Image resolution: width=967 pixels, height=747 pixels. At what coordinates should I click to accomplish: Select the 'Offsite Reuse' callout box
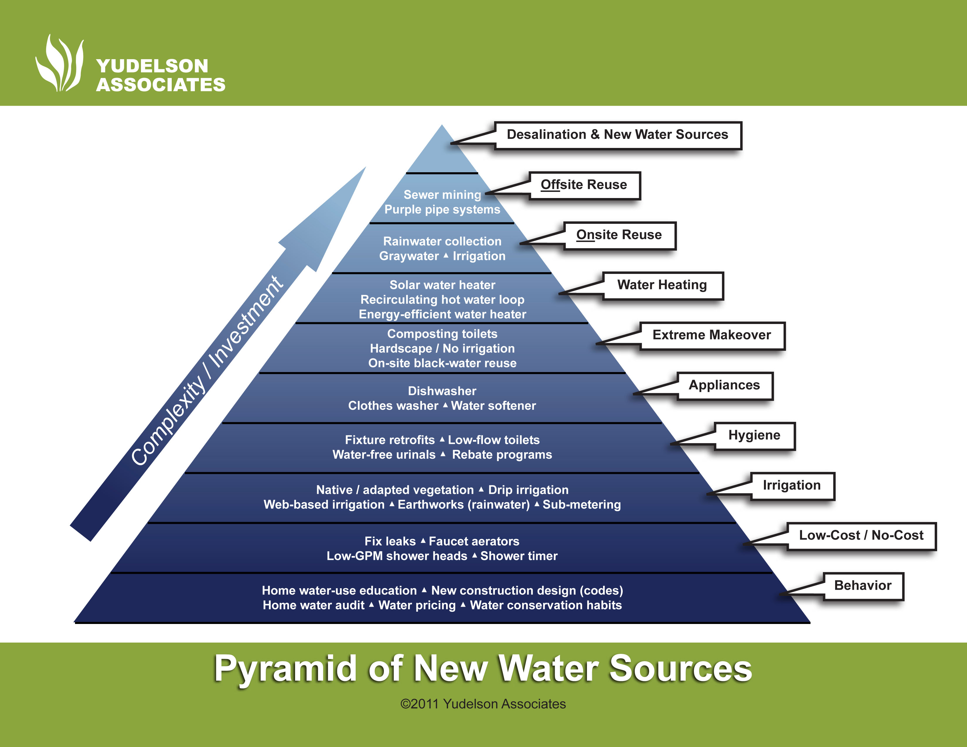pos(584,185)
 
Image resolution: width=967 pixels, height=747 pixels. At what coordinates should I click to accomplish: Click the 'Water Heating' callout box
pos(662,285)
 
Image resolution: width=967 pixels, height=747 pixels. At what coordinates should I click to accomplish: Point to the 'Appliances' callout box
pos(724,386)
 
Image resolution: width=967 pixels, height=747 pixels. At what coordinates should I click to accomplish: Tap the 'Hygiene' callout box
pos(755,435)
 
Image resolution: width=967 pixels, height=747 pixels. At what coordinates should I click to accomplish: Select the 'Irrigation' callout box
pos(792,485)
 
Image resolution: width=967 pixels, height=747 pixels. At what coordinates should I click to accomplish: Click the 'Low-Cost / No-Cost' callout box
pos(861,535)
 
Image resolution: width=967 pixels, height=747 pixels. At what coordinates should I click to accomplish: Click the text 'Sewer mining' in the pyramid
pos(442,195)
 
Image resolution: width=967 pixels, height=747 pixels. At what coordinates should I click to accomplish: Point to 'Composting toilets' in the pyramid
pos(442,334)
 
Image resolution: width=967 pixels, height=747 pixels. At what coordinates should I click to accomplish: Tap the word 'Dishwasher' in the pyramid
pos(442,391)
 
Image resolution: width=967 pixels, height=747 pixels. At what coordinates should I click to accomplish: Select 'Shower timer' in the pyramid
pos(519,556)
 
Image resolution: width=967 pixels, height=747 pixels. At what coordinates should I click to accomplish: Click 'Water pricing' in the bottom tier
pos(417,605)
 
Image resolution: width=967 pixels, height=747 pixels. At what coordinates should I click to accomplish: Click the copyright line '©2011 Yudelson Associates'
pos(483,704)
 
